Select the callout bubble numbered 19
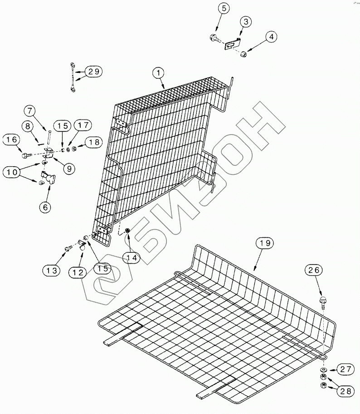tap(265, 244)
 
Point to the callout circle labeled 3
tap(245, 21)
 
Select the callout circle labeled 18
tap(93, 142)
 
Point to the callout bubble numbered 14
tap(131, 257)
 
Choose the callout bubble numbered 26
tap(315, 270)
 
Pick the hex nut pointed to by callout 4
tap(243, 53)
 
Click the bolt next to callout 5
tap(214, 39)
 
